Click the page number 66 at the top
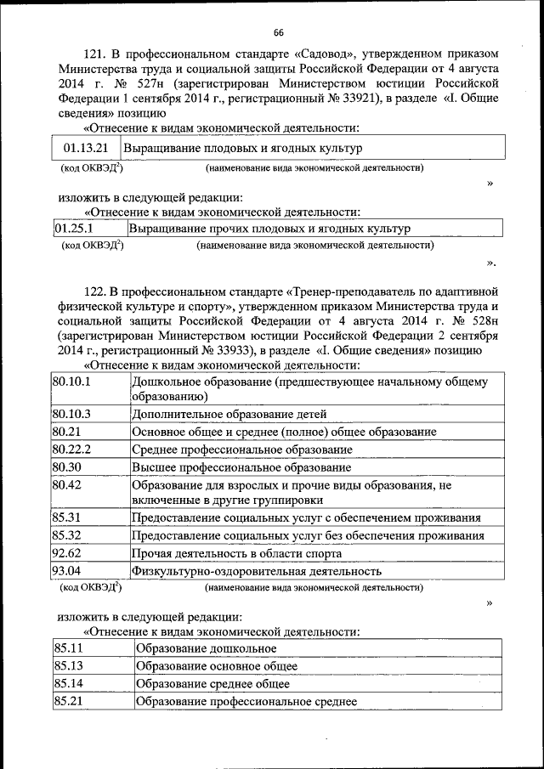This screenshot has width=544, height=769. pyautogui.click(x=278, y=33)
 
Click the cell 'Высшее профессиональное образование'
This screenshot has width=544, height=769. pyautogui.click(x=241, y=467)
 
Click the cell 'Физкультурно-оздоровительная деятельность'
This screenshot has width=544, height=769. pyautogui.click(x=256, y=572)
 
